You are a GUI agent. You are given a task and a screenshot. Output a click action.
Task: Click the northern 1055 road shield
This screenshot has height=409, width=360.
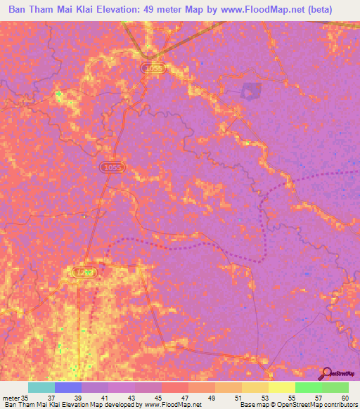(x=152, y=68)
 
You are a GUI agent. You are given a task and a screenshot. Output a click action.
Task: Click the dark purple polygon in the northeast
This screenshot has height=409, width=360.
(x=250, y=91)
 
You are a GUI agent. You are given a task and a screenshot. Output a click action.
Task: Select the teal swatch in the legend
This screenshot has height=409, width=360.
(x=41, y=387)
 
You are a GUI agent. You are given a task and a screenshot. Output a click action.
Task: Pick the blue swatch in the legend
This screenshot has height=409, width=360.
(x=67, y=387)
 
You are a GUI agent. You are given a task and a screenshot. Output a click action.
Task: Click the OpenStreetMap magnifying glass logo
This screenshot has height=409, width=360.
(x=326, y=373)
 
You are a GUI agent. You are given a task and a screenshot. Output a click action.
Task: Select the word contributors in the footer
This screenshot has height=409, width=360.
(x=337, y=405)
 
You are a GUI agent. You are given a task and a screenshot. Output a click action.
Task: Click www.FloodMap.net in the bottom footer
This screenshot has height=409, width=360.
(x=162, y=405)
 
